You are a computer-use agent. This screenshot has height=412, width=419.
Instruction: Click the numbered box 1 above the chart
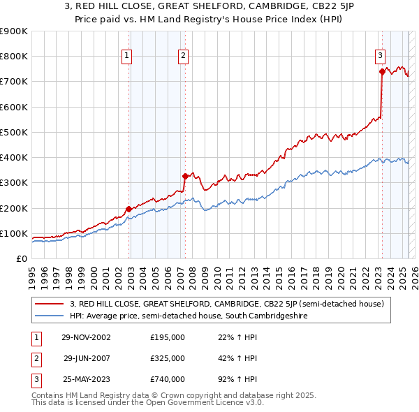click(x=127, y=57)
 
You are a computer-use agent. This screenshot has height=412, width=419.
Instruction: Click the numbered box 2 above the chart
click(x=183, y=57)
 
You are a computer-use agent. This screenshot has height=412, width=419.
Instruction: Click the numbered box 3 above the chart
click(x=380, y=57)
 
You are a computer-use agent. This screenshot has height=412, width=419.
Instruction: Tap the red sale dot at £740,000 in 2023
click(x=382, y=71)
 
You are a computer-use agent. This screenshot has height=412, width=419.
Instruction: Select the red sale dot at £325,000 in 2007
click(x=185, y=176)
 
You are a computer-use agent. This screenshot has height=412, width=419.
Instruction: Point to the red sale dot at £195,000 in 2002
click(x=129, y=209)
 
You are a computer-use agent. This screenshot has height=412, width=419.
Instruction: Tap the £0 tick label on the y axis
click(x=21, y=258)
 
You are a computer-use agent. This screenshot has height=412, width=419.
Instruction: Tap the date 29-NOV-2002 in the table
click(x=86, y=338)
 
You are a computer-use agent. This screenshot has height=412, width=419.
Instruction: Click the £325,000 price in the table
click(x=168, y=358)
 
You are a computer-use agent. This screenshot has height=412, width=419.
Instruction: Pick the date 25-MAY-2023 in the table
click(x=86, y=379)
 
